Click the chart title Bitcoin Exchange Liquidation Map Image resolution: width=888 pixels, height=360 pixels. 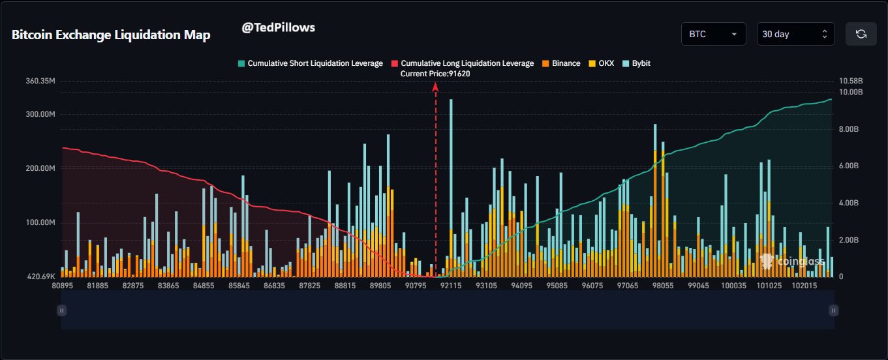coord(111,35)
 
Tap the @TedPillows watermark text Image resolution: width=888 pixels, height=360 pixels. coord(278,27)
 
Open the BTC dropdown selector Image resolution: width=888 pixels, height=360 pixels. coord(713,34)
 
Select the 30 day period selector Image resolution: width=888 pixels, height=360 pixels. coord(795,34)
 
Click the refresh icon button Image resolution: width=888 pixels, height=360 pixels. coord(861,34)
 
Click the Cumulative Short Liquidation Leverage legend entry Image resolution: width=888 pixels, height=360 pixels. coord(310,63)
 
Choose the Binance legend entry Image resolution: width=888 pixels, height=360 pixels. coord(560,63)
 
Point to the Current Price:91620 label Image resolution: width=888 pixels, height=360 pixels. coord(435,74)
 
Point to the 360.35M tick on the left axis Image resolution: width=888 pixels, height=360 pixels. coord(40,82)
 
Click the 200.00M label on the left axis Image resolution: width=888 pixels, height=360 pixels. coord(40,168)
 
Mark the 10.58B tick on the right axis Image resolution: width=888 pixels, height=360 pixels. coord(851,82)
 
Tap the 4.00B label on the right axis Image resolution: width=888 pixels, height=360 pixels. coord(851,203)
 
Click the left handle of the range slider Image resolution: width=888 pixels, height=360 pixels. coord(61,311)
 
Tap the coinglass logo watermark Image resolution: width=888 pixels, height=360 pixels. coord(792,262)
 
